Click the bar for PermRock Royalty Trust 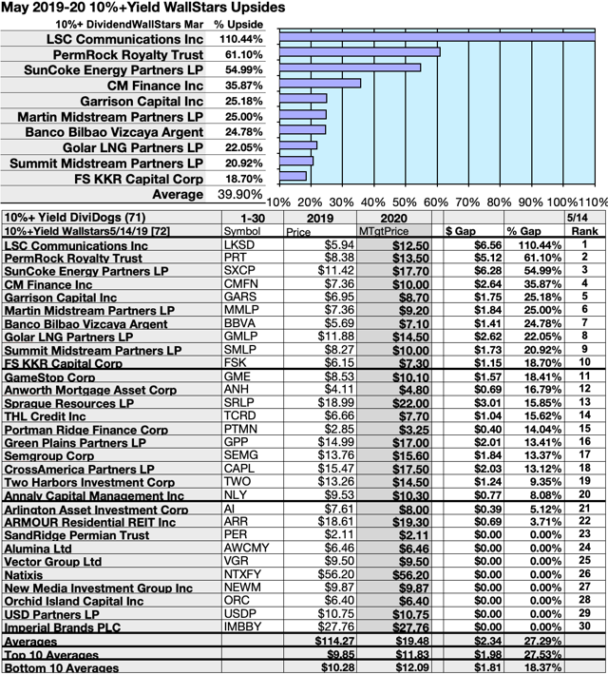[x=359, y=51]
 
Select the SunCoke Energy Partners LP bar [x=350, y=67]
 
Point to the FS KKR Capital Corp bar [x=293, y=176]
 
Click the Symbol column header [x=240, y=231]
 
